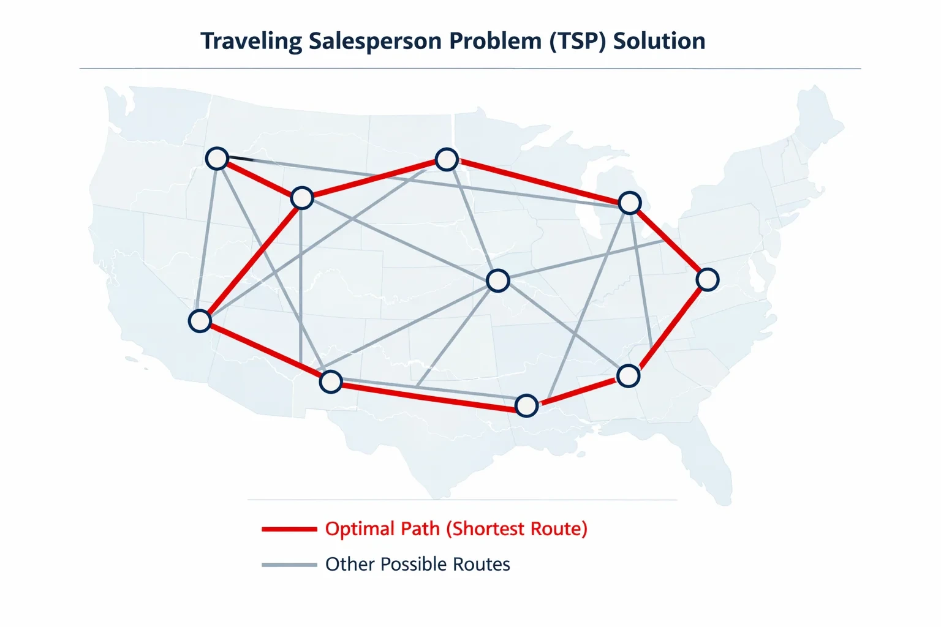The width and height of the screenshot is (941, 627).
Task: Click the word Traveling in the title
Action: tap(251, 42)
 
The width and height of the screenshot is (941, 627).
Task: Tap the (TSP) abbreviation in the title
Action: tap(578, 42)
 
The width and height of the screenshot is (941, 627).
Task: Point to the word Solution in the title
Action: tap(659, 41)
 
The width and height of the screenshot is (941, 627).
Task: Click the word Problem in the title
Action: tap(495, 41)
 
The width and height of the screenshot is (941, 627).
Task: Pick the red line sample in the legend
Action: tap(289, 529)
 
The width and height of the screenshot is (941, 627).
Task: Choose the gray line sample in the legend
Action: tap(289, 565)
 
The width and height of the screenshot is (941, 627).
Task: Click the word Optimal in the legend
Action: tap(360, 529)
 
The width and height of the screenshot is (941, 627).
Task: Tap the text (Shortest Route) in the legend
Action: tap(516, 529)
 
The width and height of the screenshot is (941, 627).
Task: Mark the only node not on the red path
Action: tap(498, 280)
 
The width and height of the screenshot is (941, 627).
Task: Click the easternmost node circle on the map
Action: tap(708, 280)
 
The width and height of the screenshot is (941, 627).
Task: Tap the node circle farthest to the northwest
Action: tap(217, 159)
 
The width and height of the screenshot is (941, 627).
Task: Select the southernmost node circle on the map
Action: tap(526, 406)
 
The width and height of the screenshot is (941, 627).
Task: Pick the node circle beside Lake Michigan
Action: tap(629, 203)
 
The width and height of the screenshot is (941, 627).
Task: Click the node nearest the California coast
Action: tap(200, 321)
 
